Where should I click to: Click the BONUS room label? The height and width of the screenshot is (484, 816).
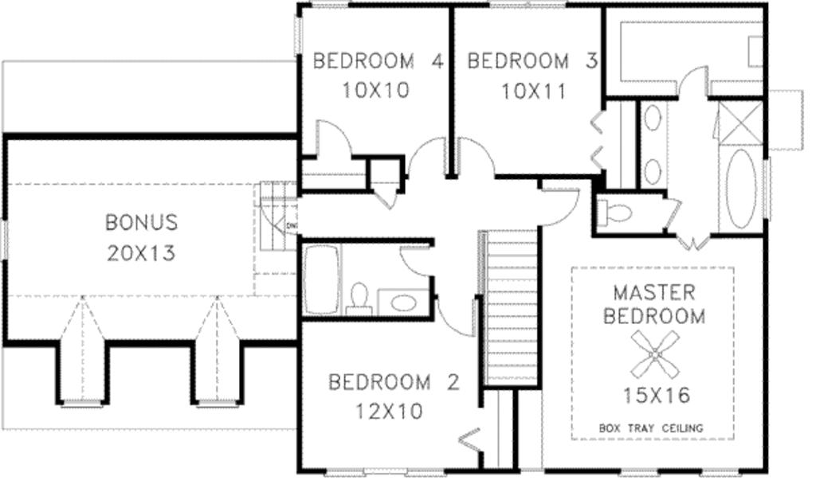pyautogui.click(x=142, y=221)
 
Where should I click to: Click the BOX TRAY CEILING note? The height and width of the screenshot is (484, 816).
pyautogui.click(x=651, y=428)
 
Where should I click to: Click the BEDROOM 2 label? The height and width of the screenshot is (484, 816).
pyautogui.click(x=394, y=383)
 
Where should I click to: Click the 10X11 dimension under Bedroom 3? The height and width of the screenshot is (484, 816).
pyautogui.click(x=532, y=91)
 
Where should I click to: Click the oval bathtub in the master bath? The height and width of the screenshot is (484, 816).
pyautogui.click(x=740, y=189)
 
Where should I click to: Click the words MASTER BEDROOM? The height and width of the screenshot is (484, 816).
pyautogui.click(x=653, y=304)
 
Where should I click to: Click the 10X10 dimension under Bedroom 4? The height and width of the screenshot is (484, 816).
pyautogui.click(x=375, y=90)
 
